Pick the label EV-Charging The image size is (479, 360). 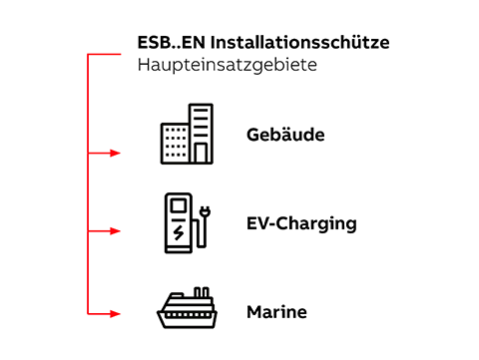click(301, 223)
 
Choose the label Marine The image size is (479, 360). click(276, 312)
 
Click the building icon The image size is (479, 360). click(187, 135)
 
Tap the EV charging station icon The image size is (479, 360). click(186, 222)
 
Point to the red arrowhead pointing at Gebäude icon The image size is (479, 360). click(115, 154)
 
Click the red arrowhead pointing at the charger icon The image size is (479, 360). click(115, 231)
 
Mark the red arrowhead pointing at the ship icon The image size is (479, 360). click(115, 313)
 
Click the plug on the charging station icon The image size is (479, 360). click(205, 211)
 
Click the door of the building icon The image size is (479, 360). click(201, 154)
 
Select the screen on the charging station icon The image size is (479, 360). click(179, 207)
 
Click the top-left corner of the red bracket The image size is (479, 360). click(89, 55)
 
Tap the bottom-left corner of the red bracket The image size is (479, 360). click(89, 313)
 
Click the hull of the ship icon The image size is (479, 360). click(187, 318)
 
